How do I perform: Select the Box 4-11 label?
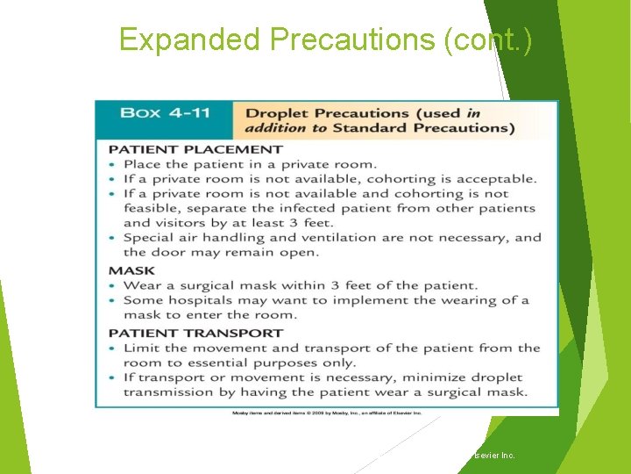pyautogui.click(x=164, y=112)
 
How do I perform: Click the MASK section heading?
pyautogui.click(x=131, y=270)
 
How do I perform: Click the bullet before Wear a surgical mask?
pyautogui.click(x=112, y=285)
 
